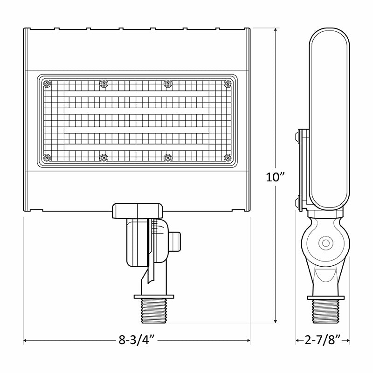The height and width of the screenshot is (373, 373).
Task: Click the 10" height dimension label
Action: (x=276, y=177)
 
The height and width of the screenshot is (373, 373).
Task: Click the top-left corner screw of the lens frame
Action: (x=47, y=84)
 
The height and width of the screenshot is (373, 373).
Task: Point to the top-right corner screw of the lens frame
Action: (x=228, y=84)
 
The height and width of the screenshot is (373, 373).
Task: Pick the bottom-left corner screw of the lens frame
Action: (x=47, y=158)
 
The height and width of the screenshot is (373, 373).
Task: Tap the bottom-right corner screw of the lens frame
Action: (x=228, y=158)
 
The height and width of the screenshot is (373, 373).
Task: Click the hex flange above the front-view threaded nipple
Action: (x=154, y=296)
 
